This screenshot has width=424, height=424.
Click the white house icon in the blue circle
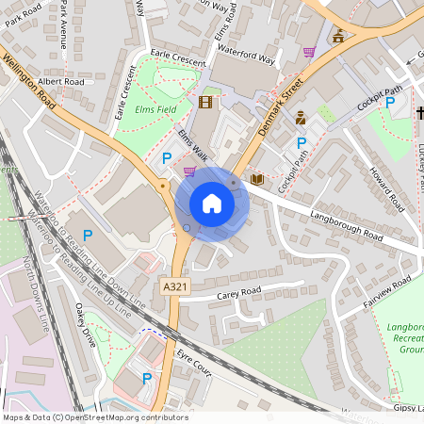[212, 204]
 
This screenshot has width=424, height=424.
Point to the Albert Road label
[62, 83]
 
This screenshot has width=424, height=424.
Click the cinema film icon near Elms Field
[206, 101]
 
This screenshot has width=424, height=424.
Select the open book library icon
[256, 178]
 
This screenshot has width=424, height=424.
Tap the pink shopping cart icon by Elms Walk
[189, 171]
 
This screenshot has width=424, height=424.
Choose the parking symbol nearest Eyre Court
[146, 378]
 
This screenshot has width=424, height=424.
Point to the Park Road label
[24, 20]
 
